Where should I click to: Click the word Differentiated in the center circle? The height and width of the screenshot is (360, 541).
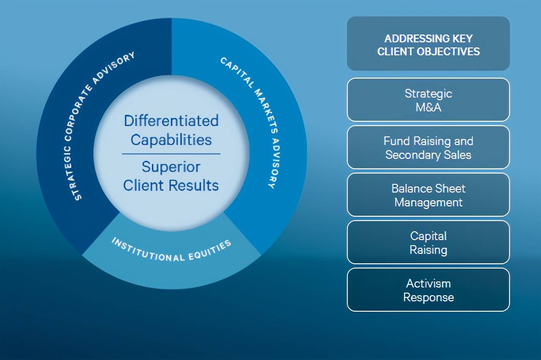[x=171, y=120]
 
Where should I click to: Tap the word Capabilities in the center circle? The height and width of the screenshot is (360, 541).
[x=171, y=140]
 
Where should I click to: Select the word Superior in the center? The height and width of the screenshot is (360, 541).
[x=171, y=167]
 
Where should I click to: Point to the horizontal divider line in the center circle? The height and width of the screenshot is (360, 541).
[x=171, y=154]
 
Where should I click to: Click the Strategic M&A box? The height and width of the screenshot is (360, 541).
[x=428, y=100]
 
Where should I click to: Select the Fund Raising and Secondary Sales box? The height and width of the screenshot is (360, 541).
[x=428, y=147]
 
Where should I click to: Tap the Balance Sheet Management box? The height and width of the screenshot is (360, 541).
[x=428, y=195]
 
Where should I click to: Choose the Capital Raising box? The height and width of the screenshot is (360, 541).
[x=428, y=242]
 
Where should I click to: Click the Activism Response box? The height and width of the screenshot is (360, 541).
[x=428, y=290]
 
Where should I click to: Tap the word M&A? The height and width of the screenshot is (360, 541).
[x=428, y=107]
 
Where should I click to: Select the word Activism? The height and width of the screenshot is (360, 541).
[x=428, y=284]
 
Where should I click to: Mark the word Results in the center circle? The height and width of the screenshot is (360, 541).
[x=194, y=185]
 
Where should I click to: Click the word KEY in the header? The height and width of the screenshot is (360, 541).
[x=463, y=39]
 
